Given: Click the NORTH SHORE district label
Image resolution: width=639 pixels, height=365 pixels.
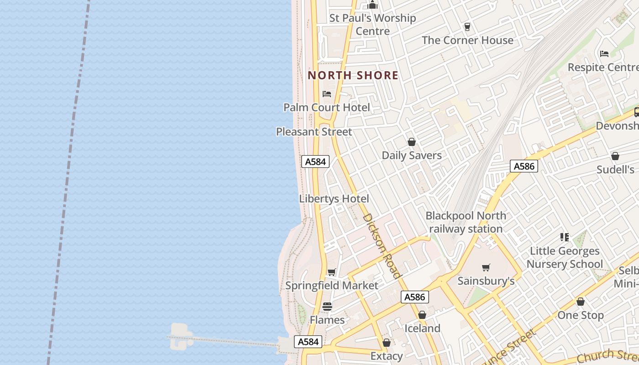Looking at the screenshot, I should [x=353, y=75].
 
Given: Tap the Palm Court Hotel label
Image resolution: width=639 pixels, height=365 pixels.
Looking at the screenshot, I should [x=326, y=108].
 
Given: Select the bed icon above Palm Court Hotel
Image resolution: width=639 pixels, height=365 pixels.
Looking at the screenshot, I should [x=327, y=94].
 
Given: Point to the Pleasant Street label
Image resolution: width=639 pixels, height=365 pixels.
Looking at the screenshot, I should [x=314, y=132].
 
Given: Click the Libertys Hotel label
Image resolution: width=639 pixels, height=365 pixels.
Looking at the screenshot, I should [x=334, y=199].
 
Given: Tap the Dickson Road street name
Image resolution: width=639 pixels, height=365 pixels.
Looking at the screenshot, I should [x=382, y=245].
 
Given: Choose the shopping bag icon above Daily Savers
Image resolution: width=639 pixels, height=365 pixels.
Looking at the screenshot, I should [x=412, y=142].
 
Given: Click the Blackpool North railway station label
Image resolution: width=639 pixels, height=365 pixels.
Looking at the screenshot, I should [x=466, y=222].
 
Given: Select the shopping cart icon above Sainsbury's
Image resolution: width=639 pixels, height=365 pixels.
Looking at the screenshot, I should [x=486, y=268].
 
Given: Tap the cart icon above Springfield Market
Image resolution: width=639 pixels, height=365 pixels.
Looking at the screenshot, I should [x=332, y=272].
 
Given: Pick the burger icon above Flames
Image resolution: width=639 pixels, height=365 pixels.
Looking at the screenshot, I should [x=327, y=307].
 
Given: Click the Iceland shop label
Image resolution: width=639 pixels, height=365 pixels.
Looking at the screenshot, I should [x=422, y=328].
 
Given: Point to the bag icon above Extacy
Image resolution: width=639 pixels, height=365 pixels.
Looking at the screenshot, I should [x=387, y=343].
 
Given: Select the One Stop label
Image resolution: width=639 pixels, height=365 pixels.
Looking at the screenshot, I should [x=580, y=315].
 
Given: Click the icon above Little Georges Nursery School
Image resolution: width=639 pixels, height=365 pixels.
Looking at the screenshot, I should [x=565, y=237].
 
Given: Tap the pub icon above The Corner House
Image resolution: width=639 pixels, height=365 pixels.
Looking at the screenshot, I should [x=467, y=27].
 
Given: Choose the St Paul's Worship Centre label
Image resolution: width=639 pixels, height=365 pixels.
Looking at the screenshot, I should [x=372, y=25].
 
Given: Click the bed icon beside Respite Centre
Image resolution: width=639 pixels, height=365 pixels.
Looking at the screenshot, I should [x=604, y=54].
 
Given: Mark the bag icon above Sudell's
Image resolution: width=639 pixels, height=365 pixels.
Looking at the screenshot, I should [x=615, y=156].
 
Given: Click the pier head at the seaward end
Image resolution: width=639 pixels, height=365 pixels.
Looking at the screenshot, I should [x=179, y=335].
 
